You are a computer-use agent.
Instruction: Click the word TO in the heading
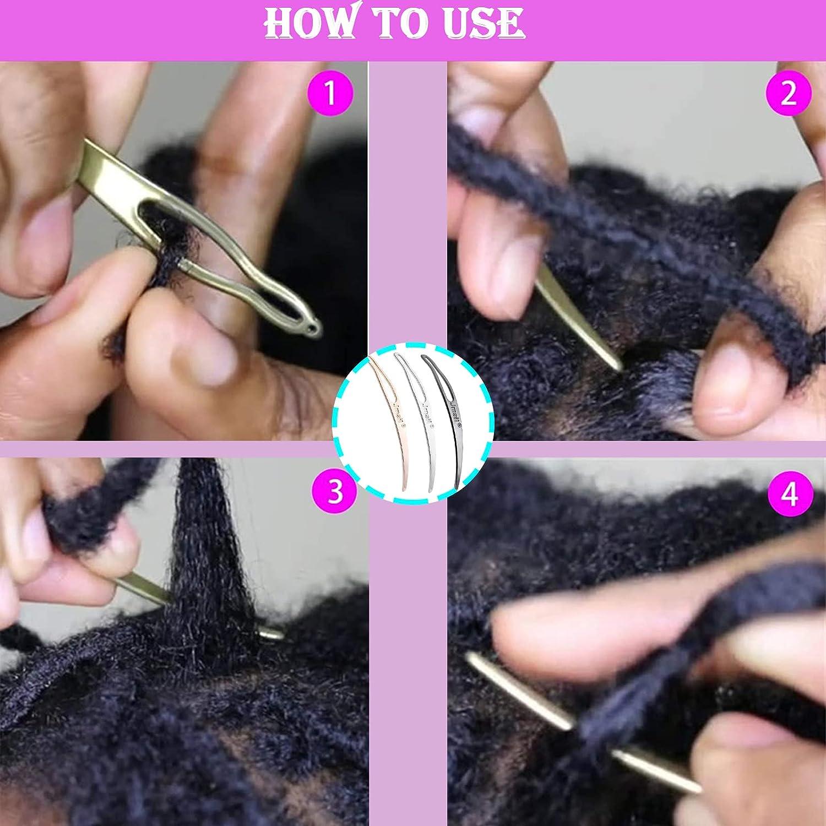point(400,23)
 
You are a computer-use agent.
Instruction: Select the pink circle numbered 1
point(329,93)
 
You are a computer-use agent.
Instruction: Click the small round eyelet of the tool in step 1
point(314,330)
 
